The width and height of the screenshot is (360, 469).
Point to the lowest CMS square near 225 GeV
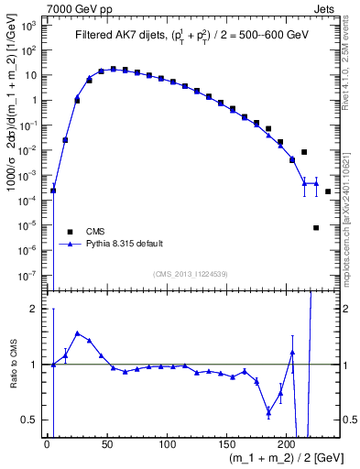tap(316, 227)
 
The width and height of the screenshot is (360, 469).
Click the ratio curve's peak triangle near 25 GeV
tap(77, 333)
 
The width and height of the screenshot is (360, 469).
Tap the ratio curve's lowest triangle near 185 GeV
tap(268, 413)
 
